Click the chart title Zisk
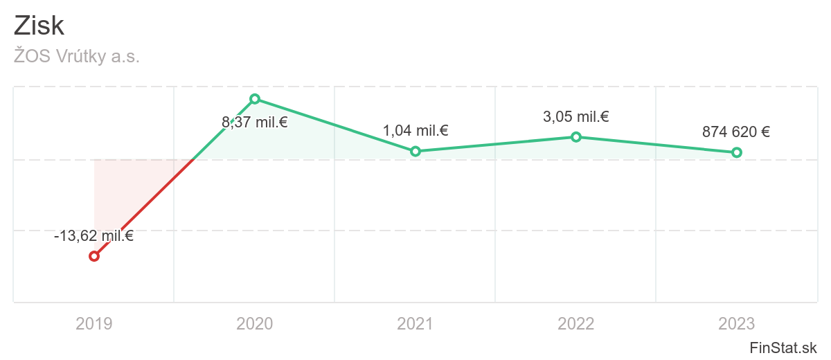point(39,26)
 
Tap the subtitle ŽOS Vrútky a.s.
point(76,57)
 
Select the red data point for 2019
point(94,256)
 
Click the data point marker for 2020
point(255,99)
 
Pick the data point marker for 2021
point(415,151)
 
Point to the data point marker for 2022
point(576,137)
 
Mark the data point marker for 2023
point(737,152)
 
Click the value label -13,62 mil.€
point(93,236)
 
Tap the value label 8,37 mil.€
point(255,123)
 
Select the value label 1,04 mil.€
point(415,130)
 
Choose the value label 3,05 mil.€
point(576,117)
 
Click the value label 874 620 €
point(736,132)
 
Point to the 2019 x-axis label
point(94,323)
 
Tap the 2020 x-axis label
point(255,323)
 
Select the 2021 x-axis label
point(415,323)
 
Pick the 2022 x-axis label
point(576,323)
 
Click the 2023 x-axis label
point(737,323)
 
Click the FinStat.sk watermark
point(784,347)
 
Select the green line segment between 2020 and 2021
point(335,125)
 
